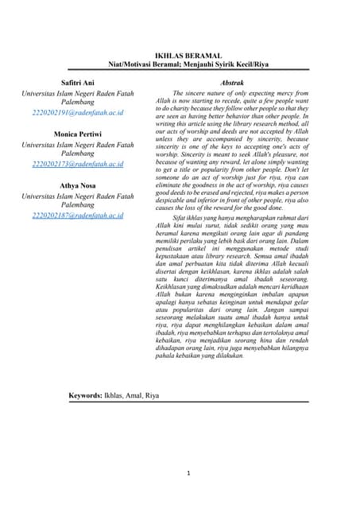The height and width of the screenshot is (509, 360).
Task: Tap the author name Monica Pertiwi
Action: click(77, 134)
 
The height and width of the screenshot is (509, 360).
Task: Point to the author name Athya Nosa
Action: click(77, 185)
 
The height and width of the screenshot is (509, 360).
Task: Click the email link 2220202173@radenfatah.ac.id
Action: click(77, 164)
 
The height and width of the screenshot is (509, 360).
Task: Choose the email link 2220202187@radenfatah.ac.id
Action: click(77, 215)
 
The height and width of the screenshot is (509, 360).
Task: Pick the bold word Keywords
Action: click(85, 395)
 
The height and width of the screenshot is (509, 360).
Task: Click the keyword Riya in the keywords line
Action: click(152, 395)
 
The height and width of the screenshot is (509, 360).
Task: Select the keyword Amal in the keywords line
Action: click(132, 395)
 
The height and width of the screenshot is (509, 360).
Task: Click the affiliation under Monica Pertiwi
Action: click(77, 150)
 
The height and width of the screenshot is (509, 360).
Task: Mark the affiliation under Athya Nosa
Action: click(77, 200)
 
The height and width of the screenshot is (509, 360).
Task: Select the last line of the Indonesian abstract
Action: click(211, 356)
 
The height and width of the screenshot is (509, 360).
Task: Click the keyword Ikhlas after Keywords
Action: click(113, 395)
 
